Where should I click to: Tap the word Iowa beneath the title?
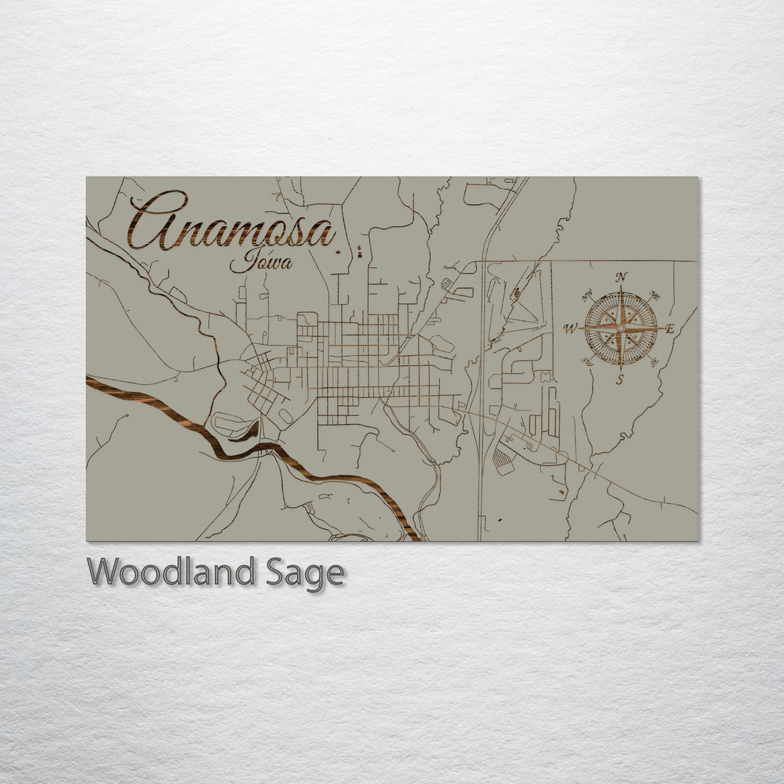click(x=261, y=260)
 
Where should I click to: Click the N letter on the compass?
click(x=621, y=277)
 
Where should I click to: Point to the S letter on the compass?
click(x=620, y=380)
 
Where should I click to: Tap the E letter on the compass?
click(x=669, y=329)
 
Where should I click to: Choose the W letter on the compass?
click(x=570, y=329)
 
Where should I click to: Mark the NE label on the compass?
click(x=654, y=295)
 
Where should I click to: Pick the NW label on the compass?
click(x=587, y=295)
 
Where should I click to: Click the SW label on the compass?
click(x=587, y=362)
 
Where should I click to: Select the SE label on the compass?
click(x=654, y=362)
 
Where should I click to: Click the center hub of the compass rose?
click(x=621, y=328)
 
